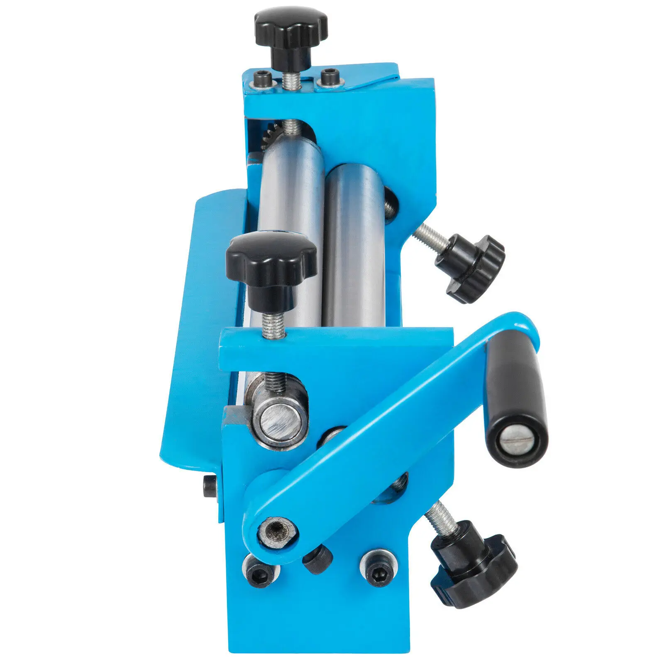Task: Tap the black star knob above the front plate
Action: (x=271, y=261)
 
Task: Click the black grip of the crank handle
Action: (x=517, y=398)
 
